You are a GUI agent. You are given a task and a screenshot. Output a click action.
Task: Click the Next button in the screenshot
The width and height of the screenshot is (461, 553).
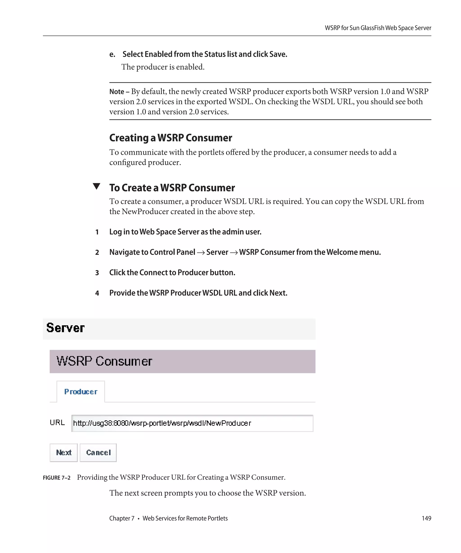coord(63,452)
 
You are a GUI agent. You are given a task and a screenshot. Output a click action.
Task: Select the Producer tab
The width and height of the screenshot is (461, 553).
coord(81,391)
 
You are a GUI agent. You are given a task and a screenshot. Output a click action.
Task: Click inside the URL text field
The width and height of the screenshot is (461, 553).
coord(192,423)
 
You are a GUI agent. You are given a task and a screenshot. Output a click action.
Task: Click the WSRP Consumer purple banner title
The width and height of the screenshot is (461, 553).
coord(104,361)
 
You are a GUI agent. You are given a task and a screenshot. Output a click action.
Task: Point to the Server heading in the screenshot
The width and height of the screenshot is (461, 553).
coord(65,328)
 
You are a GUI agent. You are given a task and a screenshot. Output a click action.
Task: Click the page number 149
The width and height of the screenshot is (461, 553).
coord(426,518)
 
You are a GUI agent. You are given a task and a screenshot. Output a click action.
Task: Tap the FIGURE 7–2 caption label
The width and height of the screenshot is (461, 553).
coord(57,478)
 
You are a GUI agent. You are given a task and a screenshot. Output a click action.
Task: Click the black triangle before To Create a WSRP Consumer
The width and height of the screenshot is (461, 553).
coord(97,186)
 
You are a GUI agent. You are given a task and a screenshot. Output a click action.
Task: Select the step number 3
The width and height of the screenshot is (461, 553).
coord(97,273)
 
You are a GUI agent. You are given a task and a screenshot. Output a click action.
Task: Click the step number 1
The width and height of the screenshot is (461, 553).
coord(97,232)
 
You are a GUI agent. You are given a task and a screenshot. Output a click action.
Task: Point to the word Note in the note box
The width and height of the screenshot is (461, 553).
coord(117,92)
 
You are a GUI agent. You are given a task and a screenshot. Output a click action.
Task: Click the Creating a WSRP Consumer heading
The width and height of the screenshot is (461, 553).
coord(170,138)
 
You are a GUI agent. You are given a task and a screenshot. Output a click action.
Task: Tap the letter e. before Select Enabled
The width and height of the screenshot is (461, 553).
coord(112,54)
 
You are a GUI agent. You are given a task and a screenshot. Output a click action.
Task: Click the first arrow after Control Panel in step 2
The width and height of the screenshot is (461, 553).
coord(201,252)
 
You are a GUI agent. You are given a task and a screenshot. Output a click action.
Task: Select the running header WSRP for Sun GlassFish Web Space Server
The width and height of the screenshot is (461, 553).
coord(378,28)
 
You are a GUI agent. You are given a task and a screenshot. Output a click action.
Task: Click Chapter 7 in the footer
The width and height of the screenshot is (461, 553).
coord(122,518)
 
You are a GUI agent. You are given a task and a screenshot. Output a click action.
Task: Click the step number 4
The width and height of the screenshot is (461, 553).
coord(97,293)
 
